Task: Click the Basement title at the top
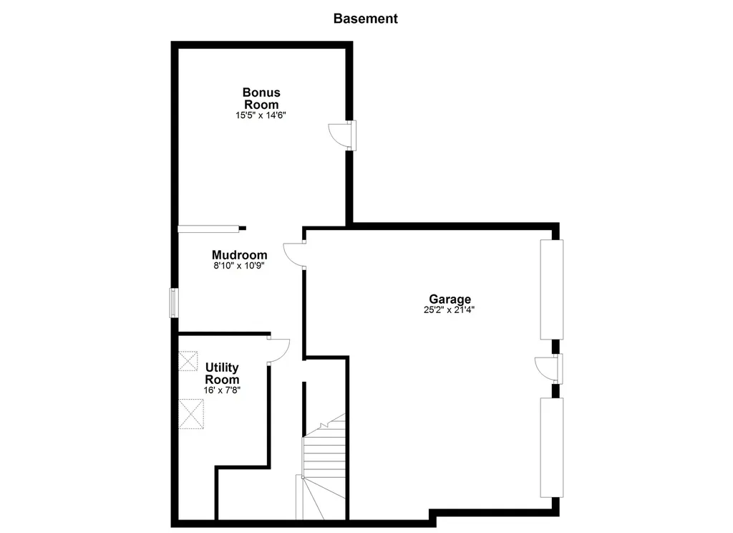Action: pos(365,19)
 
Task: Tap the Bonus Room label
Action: pos(261,98)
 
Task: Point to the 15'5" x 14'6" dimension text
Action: pos(261,115)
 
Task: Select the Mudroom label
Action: pos(239,255)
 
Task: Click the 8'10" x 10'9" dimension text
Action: pos(239,266)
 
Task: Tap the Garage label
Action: pos(450,299)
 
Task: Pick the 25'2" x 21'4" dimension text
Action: pos(450,310)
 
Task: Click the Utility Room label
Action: pos(222,373)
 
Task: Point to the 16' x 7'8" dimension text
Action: pos(222,390)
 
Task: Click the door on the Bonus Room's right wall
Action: pos(342,135)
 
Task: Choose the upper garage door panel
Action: pos(552,289)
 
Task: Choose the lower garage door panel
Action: pos(552,448)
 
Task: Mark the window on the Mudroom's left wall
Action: pos(173,302)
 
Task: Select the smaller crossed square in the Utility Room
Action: pos(188,360)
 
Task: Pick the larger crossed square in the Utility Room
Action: pos(191,413)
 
